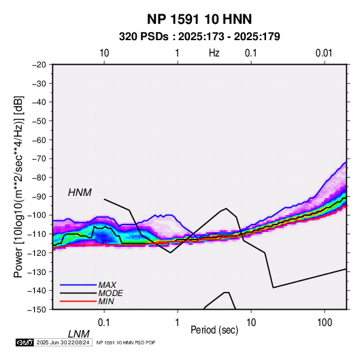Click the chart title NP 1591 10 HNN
click(x=199, y=19)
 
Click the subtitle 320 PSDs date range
click(x=199, y=37)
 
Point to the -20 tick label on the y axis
click(x=39, y=65)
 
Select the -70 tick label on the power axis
click(x=39, y=159)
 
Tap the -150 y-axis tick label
click(x=37, y=310)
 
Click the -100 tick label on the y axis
click(x=37, y=215)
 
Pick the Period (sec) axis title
click(x=214, y=330)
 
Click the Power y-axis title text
click(x=18, y=186)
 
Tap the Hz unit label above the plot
click(x=214, y=53)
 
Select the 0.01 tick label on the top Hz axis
click(x=324, y=53)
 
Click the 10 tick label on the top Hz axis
click(x=104, y=53)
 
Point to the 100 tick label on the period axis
click(x=325, y=323)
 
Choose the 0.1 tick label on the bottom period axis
click(x=103, y=323)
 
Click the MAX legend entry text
click(x=107, y=285)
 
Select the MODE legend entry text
click(x=110, y=293)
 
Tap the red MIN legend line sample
click(x=78, y=301)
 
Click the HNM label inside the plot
click(x=80, y=193)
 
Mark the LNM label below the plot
click(x=79, y=334)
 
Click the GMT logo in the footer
click(x=25, y=342)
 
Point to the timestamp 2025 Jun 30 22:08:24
click(x=63, y=342)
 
